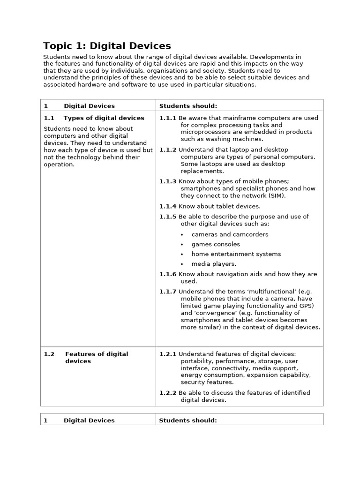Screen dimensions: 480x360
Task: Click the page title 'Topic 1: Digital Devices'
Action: (107, 46)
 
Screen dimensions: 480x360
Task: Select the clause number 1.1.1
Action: (168, 118)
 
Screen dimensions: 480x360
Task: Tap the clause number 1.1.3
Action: (168, 181)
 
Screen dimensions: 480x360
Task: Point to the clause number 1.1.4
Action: (168, 206)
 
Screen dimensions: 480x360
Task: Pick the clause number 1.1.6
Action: (168, 274)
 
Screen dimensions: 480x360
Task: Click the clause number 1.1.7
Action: (168, 292)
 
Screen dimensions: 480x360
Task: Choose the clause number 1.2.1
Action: (168, 354)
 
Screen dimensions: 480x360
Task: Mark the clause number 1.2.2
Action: (168, 393)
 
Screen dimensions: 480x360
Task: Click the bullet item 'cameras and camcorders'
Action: (230, 234)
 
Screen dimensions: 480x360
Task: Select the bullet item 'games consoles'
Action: (215, 244)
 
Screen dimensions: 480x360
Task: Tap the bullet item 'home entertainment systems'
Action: (236, 254)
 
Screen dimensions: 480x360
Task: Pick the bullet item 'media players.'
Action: (214, 264)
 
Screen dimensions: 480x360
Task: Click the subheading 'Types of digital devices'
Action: (104, 118)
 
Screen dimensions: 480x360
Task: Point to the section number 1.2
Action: (49, 354)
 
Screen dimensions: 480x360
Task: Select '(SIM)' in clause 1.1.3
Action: (277, 195)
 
